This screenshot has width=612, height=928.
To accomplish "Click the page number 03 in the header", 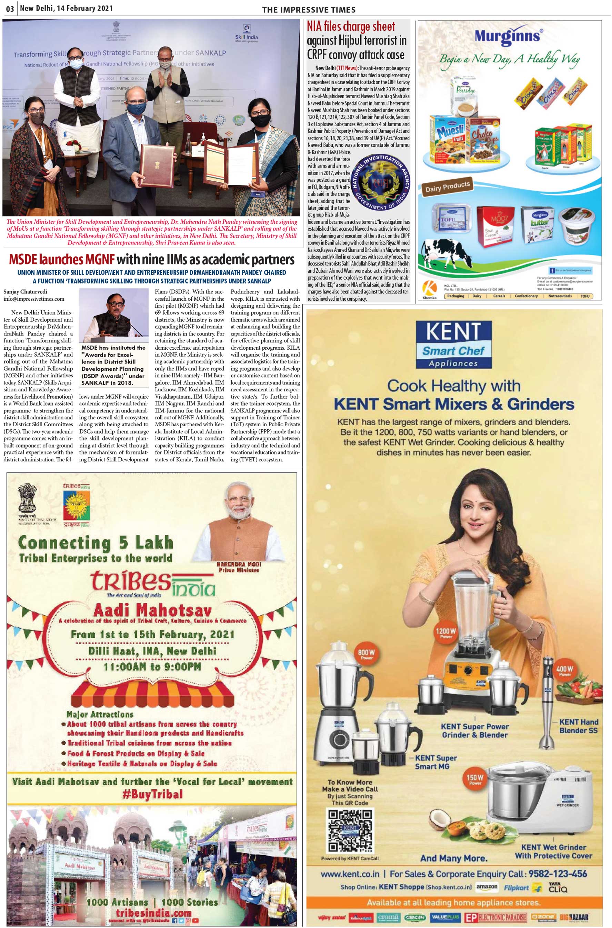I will tap(10, 9).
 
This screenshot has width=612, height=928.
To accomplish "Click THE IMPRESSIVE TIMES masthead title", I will tap(309, 10).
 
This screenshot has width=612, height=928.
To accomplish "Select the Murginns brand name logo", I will tap(508, 36).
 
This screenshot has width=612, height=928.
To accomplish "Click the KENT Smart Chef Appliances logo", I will tap(453, 345).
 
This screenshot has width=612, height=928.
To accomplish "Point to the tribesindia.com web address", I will tap(153, 913).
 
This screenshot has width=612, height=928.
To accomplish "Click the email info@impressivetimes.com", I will tap(34, 299).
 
